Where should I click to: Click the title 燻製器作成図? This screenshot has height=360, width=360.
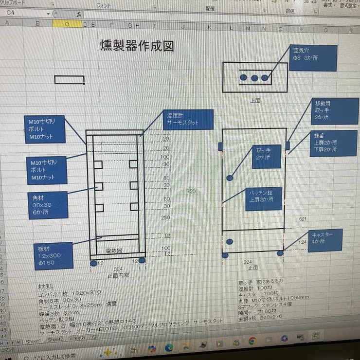[x=137, y=46]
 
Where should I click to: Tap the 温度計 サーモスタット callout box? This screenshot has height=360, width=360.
[x=188, y=119]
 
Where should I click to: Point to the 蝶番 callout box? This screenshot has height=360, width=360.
[x=333, y=143]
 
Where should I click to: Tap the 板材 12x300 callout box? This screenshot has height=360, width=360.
[x=53, y=255]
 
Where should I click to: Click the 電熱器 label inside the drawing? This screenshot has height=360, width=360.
[x=114, y=250]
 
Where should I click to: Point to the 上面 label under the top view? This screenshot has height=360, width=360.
[x=255, y=101]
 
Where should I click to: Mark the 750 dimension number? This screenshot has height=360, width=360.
[x=191, y=192]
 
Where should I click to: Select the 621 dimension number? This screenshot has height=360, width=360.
[x=302, y=219]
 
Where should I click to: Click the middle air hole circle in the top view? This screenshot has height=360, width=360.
[x=254, y=77]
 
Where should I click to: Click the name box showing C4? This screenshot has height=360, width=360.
[x=27, y=13]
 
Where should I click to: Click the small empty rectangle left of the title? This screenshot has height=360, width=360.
[x=69, y=79]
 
